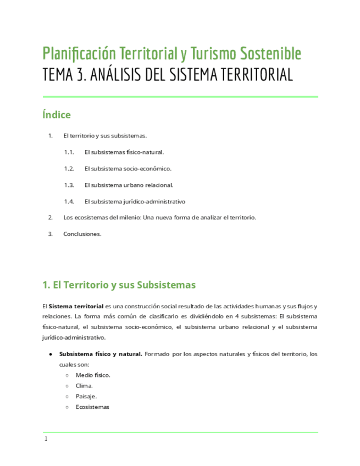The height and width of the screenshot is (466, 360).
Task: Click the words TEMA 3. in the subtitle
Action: pos(63,75)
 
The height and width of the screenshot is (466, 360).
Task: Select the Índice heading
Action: pos(57,115)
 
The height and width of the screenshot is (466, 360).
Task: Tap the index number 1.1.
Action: pos(69,152)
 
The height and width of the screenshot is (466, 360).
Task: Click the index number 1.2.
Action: pos(69,169)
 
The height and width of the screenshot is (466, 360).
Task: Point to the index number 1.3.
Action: pos(69,185)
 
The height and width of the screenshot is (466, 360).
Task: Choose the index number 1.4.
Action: pos(69,201)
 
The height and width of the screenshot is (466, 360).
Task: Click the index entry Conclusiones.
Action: pos(82,234)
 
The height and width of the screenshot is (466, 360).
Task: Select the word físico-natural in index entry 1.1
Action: pos(145,152)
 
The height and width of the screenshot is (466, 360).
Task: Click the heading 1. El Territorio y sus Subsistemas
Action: pos(119,285)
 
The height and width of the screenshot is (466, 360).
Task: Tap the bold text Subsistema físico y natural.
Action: pos(101,354)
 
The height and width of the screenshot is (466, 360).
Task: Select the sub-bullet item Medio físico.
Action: pos(93,375)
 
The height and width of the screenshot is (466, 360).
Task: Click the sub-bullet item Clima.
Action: pos(84,386)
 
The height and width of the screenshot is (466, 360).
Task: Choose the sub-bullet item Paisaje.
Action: pos(86,396)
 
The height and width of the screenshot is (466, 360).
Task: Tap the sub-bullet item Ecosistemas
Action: pos(93,407)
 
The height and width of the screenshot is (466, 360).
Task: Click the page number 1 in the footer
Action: pos(46,439)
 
